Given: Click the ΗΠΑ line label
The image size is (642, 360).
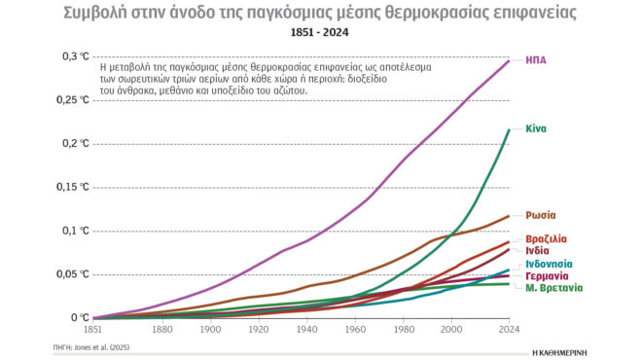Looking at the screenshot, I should pos(536,60).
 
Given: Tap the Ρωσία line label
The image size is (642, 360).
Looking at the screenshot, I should pos(541,215).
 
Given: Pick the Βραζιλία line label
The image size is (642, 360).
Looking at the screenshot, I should pos(547,238).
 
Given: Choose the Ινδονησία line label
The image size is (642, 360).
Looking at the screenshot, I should pos(549,264).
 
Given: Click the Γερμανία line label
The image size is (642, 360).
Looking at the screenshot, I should pos(547,276).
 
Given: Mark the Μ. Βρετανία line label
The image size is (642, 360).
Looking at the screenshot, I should pos(554,289).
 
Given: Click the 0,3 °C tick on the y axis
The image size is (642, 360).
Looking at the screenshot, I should pos(75,56).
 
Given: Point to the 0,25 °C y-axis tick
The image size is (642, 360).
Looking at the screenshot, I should pos(73,100).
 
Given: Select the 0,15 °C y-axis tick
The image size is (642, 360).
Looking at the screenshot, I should pos(73,187).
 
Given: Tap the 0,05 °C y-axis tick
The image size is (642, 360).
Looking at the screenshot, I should pos(73,273).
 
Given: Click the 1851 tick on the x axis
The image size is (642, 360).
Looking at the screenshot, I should pos(92,329).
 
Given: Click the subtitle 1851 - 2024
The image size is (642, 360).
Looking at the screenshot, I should pos(321,33).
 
